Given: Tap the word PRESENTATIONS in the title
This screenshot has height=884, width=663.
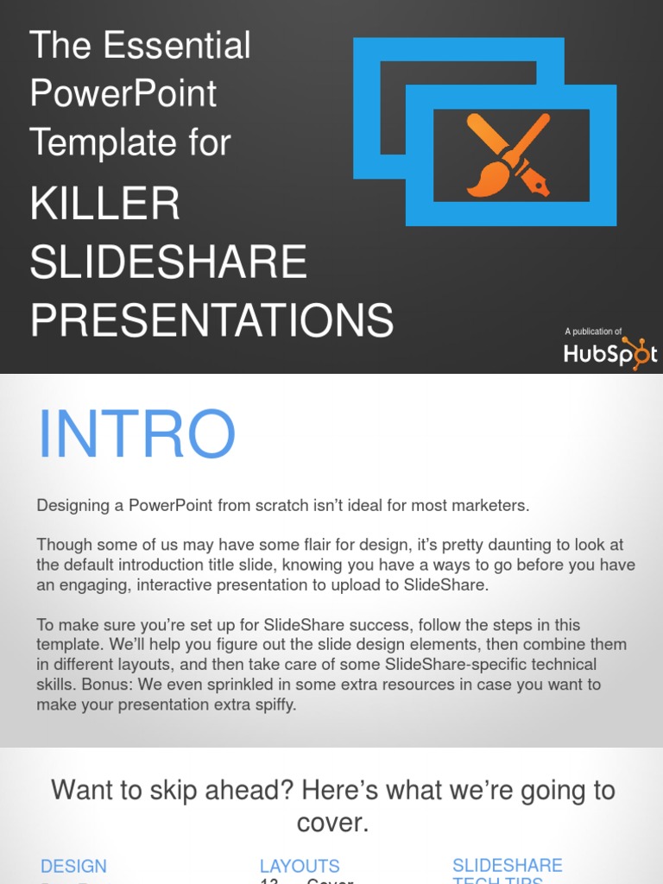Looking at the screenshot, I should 212,321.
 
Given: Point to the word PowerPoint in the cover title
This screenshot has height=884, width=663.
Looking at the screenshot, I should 123,94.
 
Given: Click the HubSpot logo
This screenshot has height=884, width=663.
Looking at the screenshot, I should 609,353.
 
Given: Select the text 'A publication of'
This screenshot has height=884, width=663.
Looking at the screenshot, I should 593,331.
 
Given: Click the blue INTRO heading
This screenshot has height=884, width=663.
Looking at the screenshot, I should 136,434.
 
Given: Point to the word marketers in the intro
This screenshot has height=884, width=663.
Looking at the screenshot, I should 491,506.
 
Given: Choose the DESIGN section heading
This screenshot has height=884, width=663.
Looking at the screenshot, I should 73,866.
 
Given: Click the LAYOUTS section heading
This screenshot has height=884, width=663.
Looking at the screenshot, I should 300,866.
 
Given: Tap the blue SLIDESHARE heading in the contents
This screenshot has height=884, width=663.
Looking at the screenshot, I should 507,865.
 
